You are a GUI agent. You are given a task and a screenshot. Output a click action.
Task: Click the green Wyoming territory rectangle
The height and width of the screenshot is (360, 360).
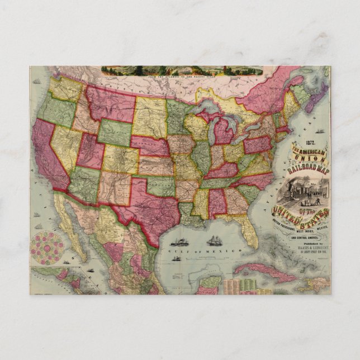click(115, 132)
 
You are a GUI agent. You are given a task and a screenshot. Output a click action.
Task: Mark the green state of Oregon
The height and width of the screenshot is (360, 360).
click(56, 111)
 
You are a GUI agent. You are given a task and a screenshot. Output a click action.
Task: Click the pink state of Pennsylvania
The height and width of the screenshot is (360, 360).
click(257, 144)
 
